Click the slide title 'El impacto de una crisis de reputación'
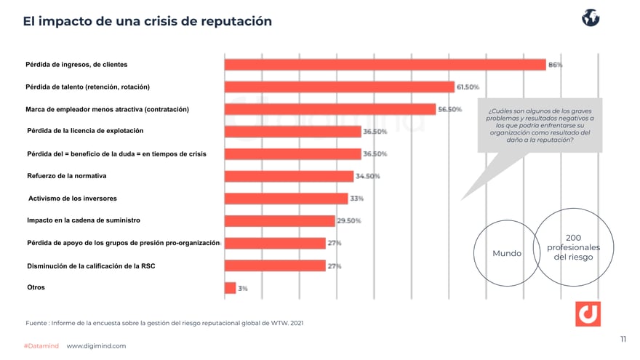tap(147, 21)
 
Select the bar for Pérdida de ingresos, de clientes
tap(385, 65)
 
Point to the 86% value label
tap(555, 65)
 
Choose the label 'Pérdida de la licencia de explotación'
tap(84, 131)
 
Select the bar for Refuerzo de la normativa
tap(289, 176)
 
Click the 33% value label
tap(357, 199)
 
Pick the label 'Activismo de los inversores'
tap(73, 198)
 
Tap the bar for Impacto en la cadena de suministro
tap(279, 220)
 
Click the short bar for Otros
tap(230, 288)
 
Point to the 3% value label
tap(243, 288)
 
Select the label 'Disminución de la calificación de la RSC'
tap(91, 266)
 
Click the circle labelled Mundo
tap(507, 253)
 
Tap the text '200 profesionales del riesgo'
tap(572, 247)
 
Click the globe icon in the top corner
tap(590, 18)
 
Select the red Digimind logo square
tap(588, 313)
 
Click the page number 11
tap(623, 339)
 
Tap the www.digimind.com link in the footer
tap(96, 346)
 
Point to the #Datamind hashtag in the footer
tap(41, 346)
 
